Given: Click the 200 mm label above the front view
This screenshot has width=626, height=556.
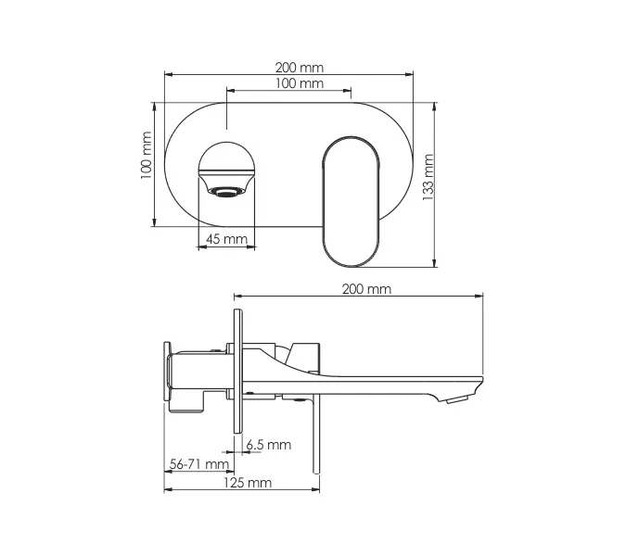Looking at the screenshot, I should click(x=299, y=68).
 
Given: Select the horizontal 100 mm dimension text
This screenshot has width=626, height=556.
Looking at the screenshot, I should click(x=299, y=84).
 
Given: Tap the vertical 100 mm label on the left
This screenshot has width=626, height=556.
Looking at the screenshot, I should click(x=145, y=156).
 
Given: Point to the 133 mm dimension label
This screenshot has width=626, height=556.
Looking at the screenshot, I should click(x=427, y=177).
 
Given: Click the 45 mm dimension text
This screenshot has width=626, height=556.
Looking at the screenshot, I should click(x=225, y=239).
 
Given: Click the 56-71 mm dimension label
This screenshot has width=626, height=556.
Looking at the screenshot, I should click(x=199, y=464).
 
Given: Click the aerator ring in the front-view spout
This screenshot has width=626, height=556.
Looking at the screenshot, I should click(x=226, y=192).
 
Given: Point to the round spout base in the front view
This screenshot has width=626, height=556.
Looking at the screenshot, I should click(x=226, y=159).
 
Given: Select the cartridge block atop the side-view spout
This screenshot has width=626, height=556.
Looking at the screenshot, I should click(x=302, y=354).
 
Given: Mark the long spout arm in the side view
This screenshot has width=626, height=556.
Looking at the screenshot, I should click(x=371, y=382).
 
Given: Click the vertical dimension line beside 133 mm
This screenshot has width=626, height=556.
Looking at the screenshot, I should click(x=435, y=185).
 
